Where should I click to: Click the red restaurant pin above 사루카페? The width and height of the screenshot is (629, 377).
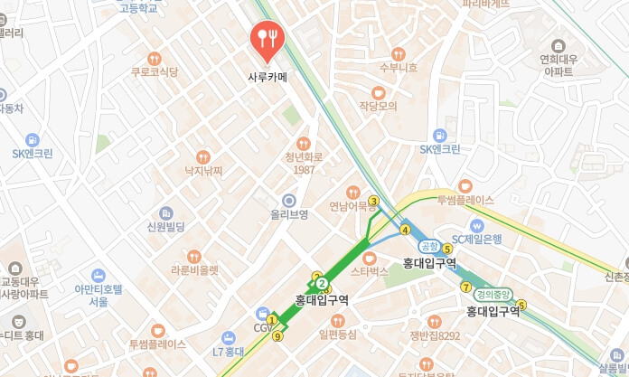click(x=268, y=38)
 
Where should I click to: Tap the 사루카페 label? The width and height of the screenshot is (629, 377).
click(x=268, y=78)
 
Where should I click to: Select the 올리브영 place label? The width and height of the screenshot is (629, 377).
click(x=289, y=214)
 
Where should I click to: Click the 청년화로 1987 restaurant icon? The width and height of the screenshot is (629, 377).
click(x=303, y=143)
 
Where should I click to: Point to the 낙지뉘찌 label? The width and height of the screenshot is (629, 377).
click(x=203, y=170)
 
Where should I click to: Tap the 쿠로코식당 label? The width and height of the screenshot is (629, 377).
click(x=155, y=71)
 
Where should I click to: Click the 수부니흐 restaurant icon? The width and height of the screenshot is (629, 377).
click(x=398, y=52)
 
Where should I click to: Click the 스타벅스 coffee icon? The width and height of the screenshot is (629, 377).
click(x=369, y=258)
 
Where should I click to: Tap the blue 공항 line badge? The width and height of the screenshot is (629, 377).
click(x=428, y=246)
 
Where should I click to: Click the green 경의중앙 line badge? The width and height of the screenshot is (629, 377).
click(x=493, y=294)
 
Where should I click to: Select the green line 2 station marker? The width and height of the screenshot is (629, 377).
click(x=322, y=284)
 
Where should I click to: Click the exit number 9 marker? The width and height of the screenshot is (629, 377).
click(x=277, y=336)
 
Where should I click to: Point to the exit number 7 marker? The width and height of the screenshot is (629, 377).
click(x=466, y=287)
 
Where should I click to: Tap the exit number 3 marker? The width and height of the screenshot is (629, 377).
click(x=373, y=201)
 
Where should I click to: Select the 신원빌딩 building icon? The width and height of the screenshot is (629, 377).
click(x=165, y=212)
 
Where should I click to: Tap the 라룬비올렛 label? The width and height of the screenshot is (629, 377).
click(x=195, y=269)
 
